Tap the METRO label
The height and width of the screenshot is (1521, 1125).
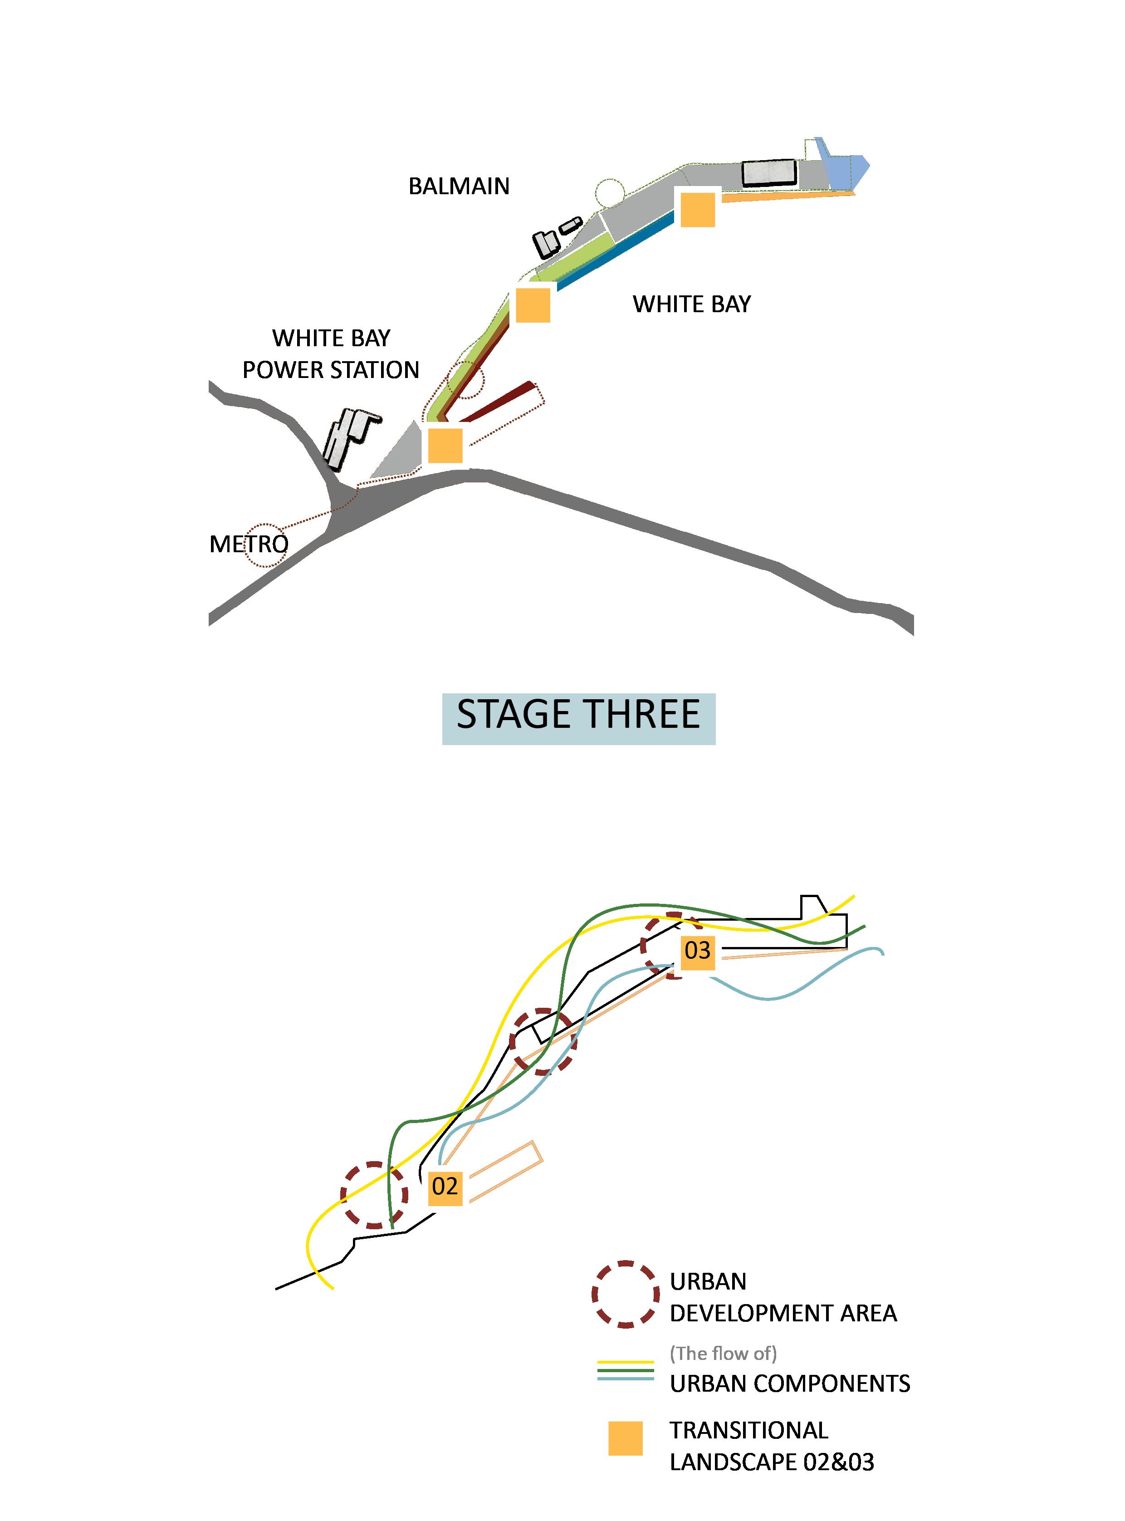point(249,544)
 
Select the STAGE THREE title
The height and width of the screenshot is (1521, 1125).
point(578,715)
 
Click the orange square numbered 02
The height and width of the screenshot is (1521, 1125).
point(445,1186)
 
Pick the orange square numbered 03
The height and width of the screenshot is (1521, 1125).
point(697,950)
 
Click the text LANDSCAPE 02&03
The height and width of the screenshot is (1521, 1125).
point(772,1462)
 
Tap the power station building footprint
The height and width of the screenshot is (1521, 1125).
point(347,436)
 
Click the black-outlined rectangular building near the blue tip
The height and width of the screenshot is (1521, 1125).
point(769,172)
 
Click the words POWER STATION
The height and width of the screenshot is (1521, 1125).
point(331,370)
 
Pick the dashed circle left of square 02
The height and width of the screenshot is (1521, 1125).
point(374,1195)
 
